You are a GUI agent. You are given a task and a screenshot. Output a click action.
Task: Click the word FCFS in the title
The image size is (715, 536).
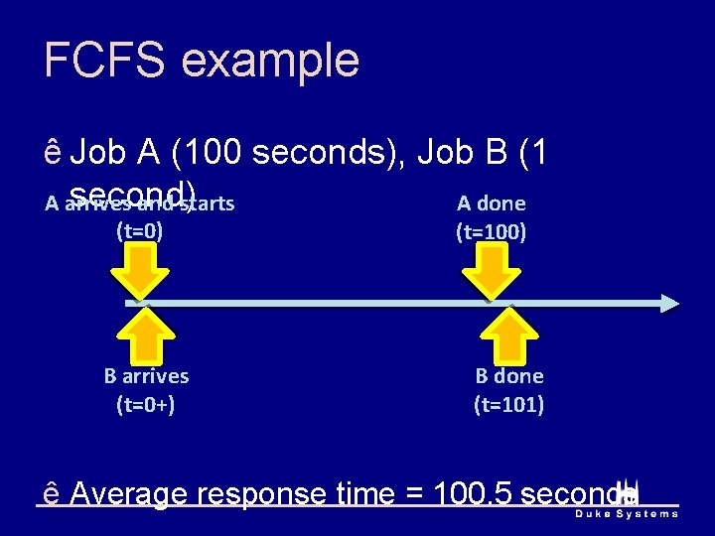pos(105,61)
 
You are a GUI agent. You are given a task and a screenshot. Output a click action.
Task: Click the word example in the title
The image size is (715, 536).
pos(271,61)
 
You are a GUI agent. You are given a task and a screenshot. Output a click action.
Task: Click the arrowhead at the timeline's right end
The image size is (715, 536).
pos(669,303)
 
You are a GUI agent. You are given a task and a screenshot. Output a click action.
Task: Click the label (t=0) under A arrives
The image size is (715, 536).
pos(140,232)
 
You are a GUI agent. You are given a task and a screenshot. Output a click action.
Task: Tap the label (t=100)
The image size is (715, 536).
pos(491,233)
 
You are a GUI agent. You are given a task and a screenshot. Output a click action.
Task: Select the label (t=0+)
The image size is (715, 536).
pos(146,404)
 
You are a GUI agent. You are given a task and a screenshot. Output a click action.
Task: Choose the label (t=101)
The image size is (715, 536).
pos(508,404)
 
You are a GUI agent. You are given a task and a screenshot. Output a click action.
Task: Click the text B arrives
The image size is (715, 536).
pos(146,376)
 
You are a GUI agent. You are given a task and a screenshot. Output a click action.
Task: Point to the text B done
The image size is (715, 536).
pos(508,376)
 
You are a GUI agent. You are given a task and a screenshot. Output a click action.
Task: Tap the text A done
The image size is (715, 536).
pos(491,204)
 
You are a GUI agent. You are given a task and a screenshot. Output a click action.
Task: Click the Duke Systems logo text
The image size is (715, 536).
pos(627,513)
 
